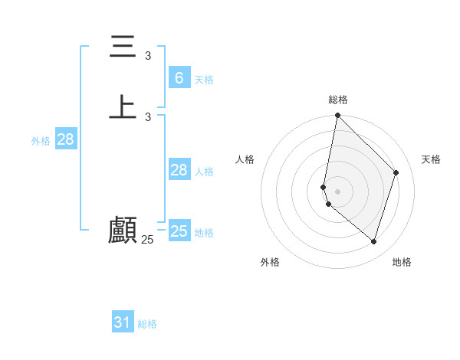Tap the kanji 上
coord(123,106)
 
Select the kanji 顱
coord(123,229)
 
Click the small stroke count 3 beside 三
coord(148,56)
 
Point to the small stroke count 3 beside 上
coord(148,116)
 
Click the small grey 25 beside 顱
coord(147,240)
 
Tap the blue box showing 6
coord(179,77)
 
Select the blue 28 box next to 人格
coord(179,170)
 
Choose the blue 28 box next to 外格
coord(65,139)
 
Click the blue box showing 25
coord(179,231)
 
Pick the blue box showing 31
coord(123,322)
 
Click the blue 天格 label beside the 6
coord(204,80)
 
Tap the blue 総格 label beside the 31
coord(147,325)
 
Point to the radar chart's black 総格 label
coord(338,100)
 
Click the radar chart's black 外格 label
coord(270,262)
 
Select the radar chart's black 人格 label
coord(245,159)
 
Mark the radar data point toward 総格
coord(337,115)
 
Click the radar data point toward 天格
coord(396,172)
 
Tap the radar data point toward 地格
coord(373,241)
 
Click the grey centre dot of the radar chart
coord(337,191)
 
